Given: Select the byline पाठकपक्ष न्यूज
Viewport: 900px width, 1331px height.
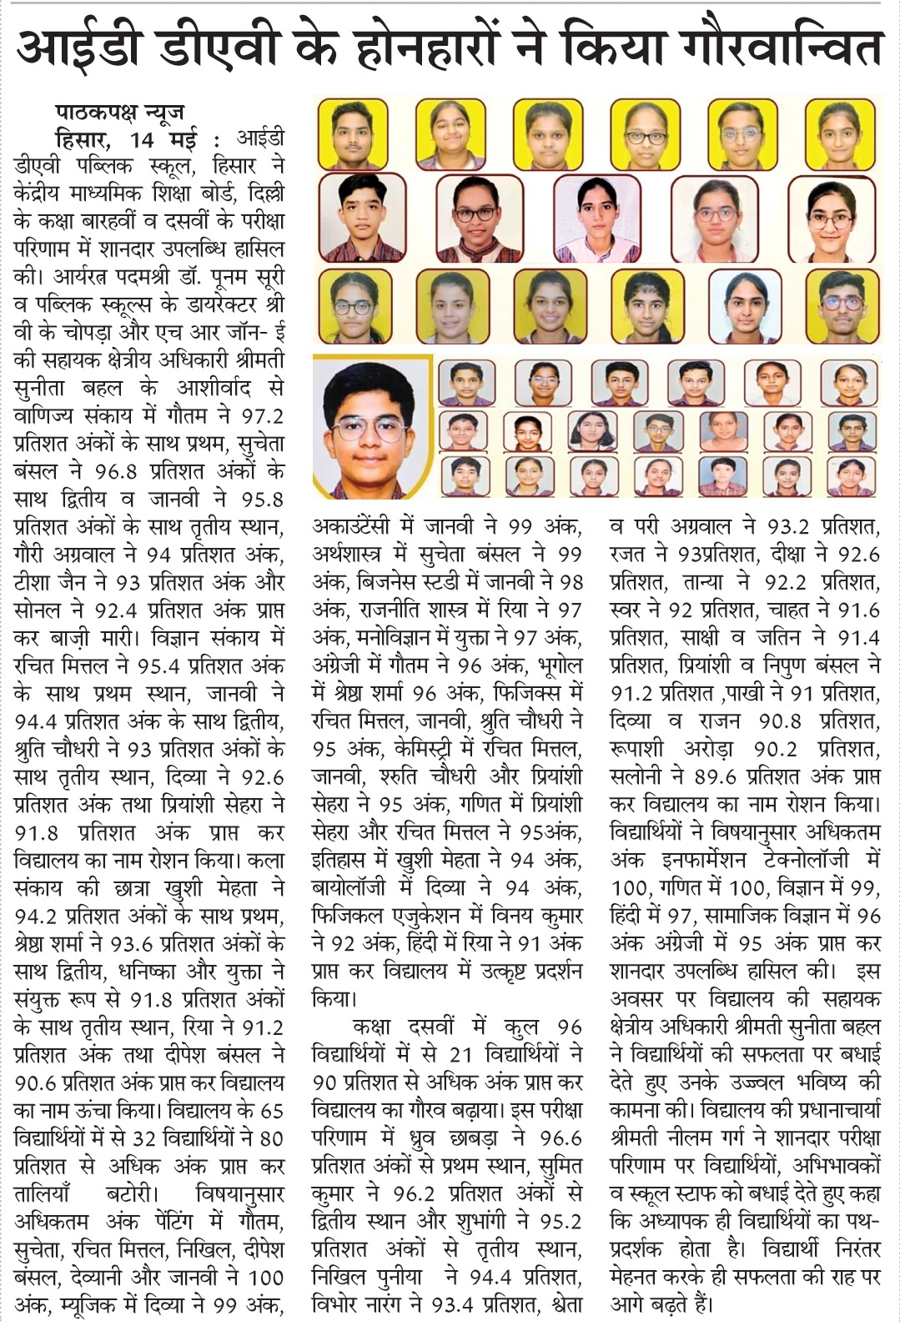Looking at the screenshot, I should coord(119,112).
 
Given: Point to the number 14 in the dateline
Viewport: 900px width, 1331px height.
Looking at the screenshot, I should coord(148,138).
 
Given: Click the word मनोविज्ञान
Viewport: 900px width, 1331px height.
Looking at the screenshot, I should coord(376,638).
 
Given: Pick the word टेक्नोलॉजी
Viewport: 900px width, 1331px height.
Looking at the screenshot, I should coord(799,860).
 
